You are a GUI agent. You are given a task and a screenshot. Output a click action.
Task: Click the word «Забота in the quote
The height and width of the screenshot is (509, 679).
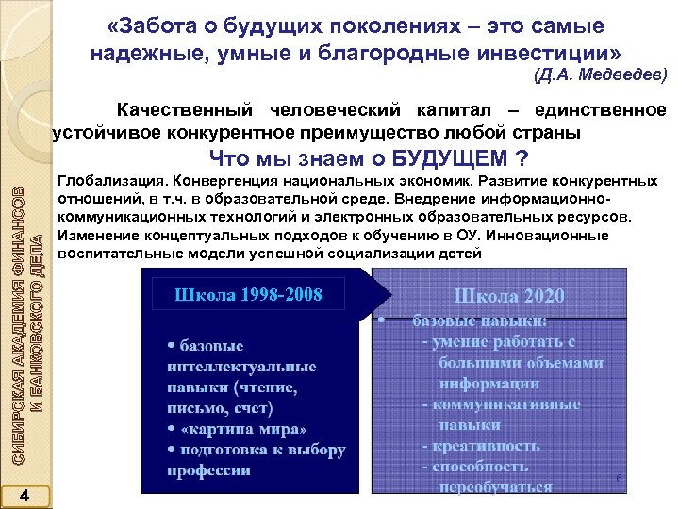point(154,25)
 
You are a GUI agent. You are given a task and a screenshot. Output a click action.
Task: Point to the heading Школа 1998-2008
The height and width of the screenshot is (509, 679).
point(248,295)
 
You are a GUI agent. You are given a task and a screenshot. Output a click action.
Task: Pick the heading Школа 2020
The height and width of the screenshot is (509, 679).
point(508,295)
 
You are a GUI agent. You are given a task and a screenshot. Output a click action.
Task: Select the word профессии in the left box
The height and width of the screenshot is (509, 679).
point(209,470)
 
